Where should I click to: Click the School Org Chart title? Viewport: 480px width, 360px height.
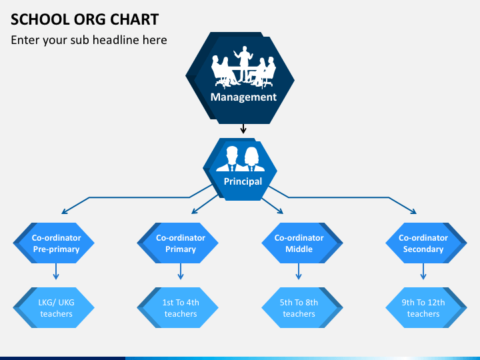click(85, 19)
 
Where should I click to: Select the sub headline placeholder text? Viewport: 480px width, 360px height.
click(89, 40)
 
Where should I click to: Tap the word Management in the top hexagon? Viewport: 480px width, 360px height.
click(243, 97)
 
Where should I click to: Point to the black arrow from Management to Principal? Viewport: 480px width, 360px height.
click(243, 129)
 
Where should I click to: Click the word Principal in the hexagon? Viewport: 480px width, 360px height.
click(243, 181)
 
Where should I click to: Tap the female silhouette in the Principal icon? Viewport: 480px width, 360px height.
click(252, 159)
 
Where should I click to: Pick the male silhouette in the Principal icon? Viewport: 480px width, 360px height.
click(231, 159)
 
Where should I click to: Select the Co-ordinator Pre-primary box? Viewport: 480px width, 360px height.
click(53, 243)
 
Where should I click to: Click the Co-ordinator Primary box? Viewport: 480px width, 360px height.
click(177, 243)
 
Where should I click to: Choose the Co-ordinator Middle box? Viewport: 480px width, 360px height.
click(302, 243)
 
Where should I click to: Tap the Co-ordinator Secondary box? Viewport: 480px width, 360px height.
click(426, 243)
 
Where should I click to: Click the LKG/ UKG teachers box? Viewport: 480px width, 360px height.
click(53, 307)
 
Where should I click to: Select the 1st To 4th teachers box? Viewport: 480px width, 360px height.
click(177, 307)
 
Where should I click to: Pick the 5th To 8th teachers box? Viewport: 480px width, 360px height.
click(302, 307)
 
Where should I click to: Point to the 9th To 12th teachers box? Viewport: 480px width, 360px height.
click(426, 307)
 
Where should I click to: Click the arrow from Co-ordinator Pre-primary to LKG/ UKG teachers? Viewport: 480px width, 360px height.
click(56, 271)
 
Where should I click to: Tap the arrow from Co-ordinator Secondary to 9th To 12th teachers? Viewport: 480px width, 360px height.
click(423, 271)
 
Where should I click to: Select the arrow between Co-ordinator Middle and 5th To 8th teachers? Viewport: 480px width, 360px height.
click(299, 271)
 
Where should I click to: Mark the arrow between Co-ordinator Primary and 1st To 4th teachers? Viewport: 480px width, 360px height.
click(180, 271)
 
